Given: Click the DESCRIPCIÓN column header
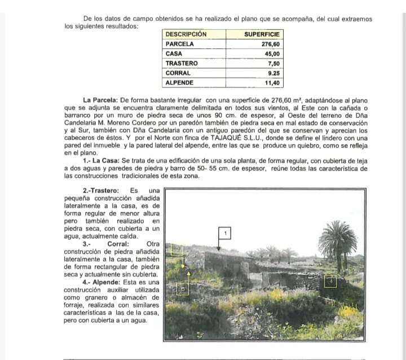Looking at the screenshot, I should [186, 34].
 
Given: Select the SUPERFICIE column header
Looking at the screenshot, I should [262, 34].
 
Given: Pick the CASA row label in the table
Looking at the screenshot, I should [174, 54].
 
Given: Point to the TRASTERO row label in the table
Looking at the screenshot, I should [182, 63].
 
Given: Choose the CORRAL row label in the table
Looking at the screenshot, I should [178, 73].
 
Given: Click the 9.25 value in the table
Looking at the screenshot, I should [274, 73].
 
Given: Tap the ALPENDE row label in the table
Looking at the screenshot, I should [180, 83].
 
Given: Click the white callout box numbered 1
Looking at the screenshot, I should [226, 233].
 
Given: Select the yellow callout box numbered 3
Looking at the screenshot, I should [182, 289].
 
